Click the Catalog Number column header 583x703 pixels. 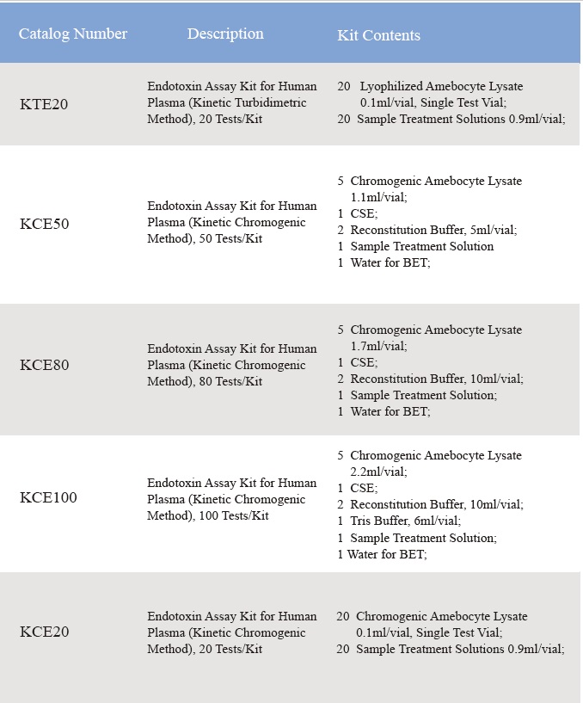[73, 34]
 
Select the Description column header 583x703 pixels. [225, 34]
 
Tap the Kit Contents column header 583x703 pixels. [378, 35]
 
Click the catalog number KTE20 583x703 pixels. [44, 104]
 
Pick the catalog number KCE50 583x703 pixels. [45, 224]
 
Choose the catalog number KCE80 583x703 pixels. [45, 365]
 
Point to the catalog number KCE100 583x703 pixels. [48, 498]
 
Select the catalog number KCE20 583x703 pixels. [45, 632]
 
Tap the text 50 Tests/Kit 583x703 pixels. [231, 238]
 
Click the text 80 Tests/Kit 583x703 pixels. [231, 381]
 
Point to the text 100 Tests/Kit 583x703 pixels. [234, 515]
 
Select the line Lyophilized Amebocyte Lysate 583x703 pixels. [441, 86]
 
